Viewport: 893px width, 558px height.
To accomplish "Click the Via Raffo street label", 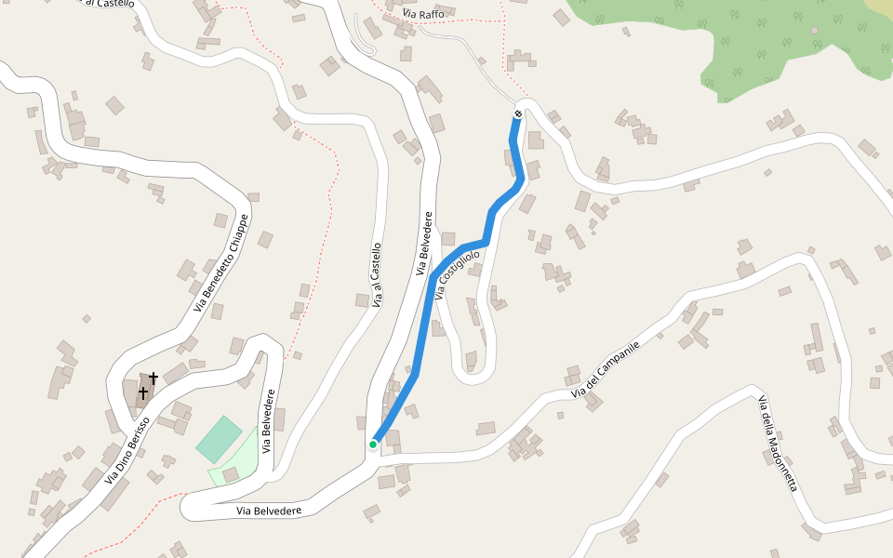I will point(423,14).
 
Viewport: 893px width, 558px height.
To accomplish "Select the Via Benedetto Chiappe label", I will point(222,264).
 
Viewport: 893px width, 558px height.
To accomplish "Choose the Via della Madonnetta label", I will point(778,444).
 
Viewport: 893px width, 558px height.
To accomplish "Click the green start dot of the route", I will point(373,445).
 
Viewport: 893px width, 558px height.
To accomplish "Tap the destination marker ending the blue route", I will point(518,113).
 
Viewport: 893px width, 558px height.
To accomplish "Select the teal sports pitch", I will point(219,439).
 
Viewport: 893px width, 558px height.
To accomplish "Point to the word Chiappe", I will point(235,238).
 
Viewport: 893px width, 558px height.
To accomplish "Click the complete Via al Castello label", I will point(376,275).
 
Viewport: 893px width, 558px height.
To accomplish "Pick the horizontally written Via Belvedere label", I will point(268,511).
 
